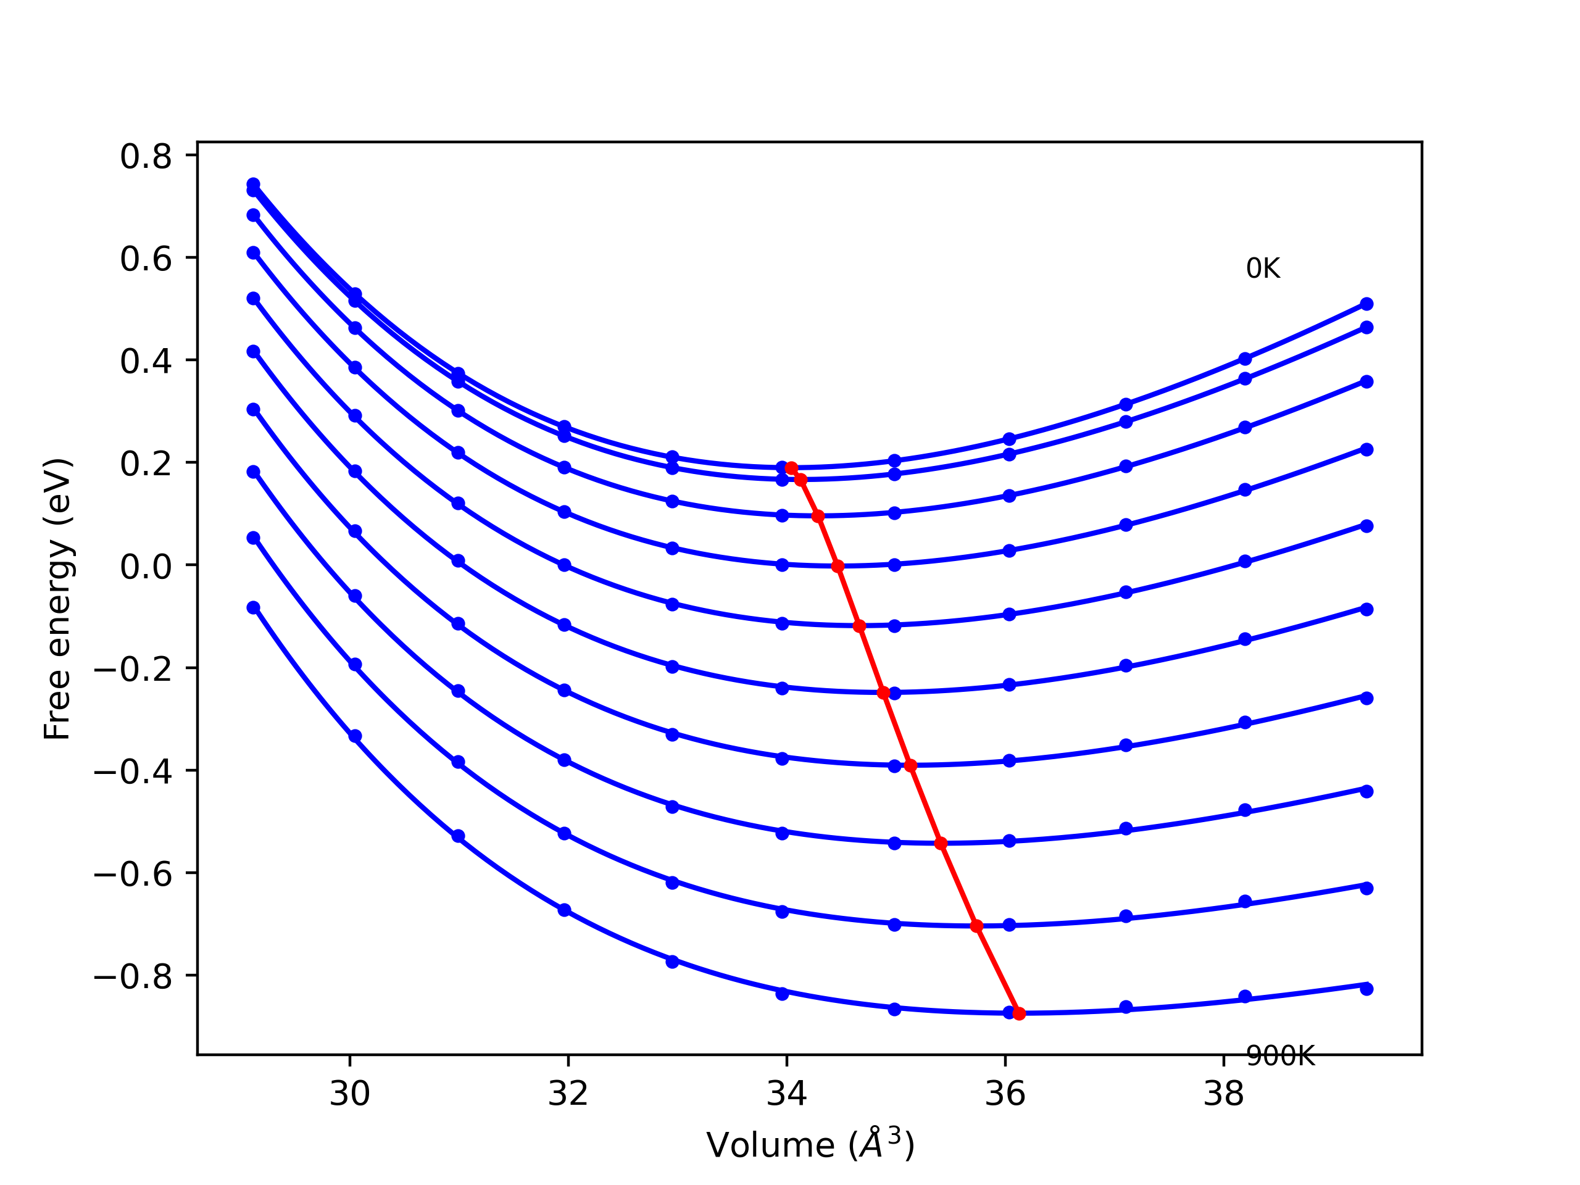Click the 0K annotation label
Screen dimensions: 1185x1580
[x=1263, y=268]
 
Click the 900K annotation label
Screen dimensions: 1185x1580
[x=1280, y=1056]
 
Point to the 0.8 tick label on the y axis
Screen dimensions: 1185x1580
[x=146, y=156]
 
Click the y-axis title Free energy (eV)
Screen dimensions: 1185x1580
[x=57, y=599]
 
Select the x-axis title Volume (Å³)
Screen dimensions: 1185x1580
[x=810, y=1145]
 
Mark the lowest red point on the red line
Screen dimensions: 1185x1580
[x=1018, y=1013]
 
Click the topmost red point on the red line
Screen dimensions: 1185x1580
[x=791, y=468]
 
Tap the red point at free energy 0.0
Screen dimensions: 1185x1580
[x=838, y=567]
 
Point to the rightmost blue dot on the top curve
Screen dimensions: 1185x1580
[x=1366, y=304]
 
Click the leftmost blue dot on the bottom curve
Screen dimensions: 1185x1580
[x=254, y=608]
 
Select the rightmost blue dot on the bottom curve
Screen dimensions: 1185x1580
[x=1366, y=989]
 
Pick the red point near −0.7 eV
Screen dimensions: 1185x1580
[x=977, y=926]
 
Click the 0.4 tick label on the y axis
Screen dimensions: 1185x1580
[x=146, y=362]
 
